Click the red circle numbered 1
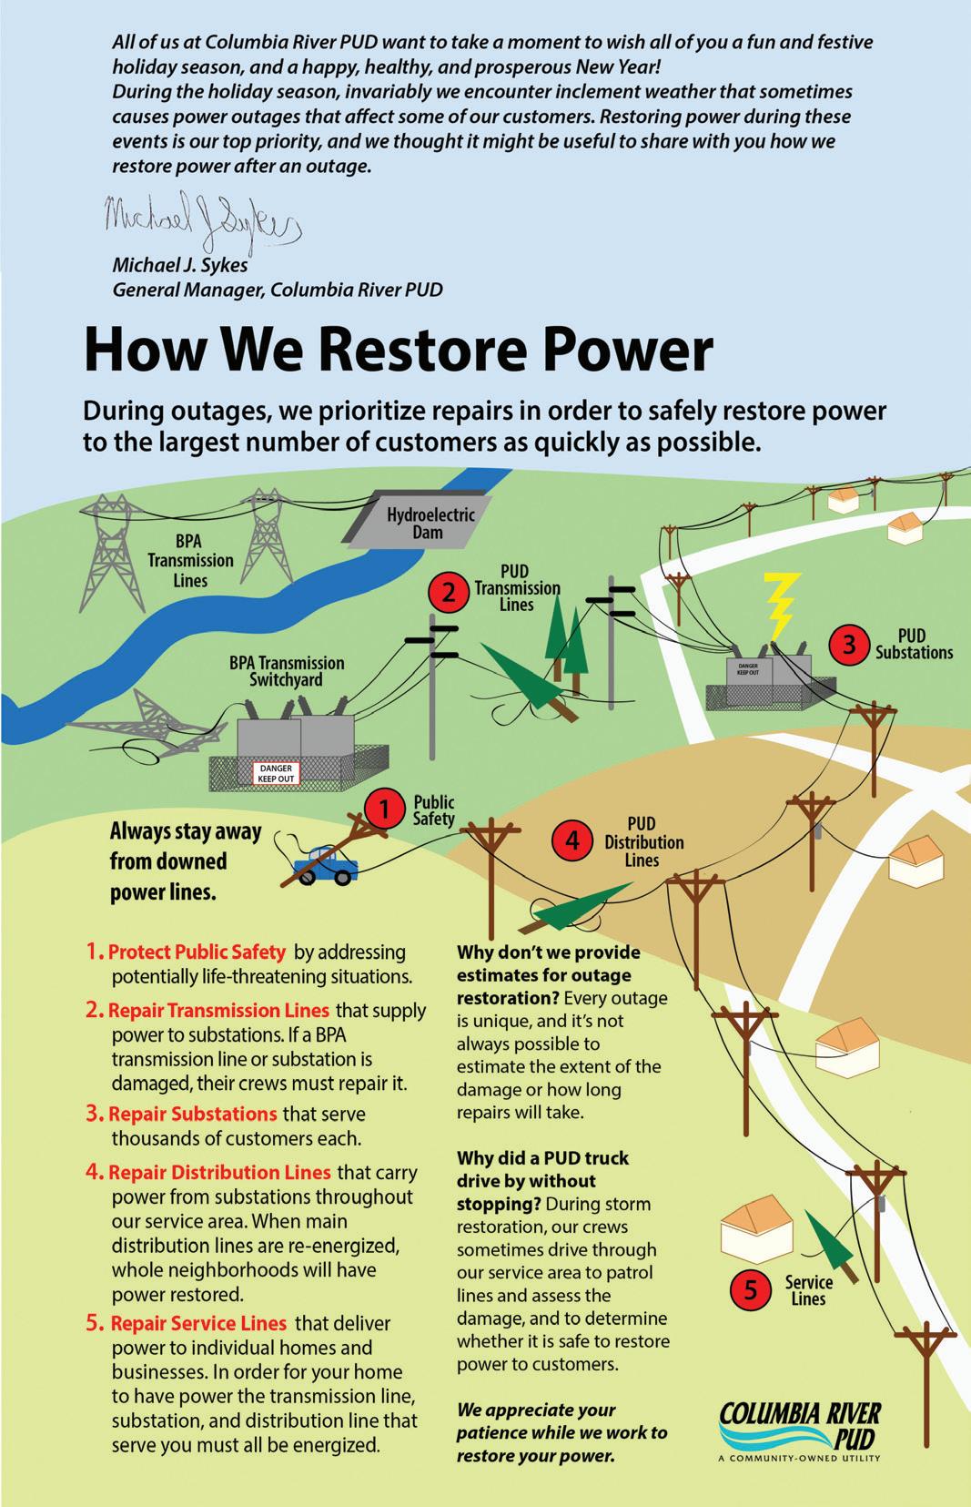384,809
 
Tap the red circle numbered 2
449,593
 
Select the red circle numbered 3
849,644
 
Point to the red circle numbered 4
572,840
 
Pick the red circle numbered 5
751,1289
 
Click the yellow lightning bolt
781,606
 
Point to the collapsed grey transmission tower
146,719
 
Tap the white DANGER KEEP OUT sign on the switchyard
275,774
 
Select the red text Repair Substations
193,1114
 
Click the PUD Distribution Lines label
643,842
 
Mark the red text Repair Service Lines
198,1323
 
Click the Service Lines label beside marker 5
808,1290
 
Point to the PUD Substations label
914,644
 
